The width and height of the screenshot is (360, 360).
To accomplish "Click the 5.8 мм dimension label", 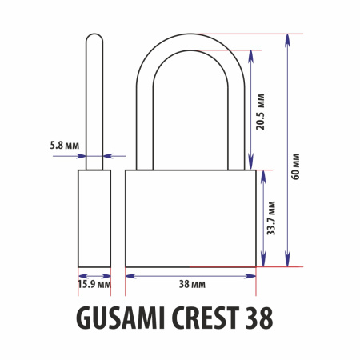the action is coord(65,146).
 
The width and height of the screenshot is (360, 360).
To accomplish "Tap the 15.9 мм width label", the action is coord(94,284).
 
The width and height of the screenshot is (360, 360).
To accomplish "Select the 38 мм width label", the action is coord(192,284).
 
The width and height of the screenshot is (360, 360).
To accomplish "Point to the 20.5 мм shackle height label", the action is coord(261,112).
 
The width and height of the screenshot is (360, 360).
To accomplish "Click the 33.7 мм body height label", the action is coord(271,218).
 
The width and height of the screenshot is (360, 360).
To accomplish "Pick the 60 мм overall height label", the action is coord(295,166).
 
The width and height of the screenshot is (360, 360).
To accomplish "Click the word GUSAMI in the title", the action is coord(121,318).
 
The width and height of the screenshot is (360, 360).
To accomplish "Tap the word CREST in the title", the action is coord(206,318).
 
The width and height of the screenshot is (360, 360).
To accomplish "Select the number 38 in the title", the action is coord(259,318).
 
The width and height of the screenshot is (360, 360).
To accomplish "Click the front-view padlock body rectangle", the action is coord(190,218).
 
